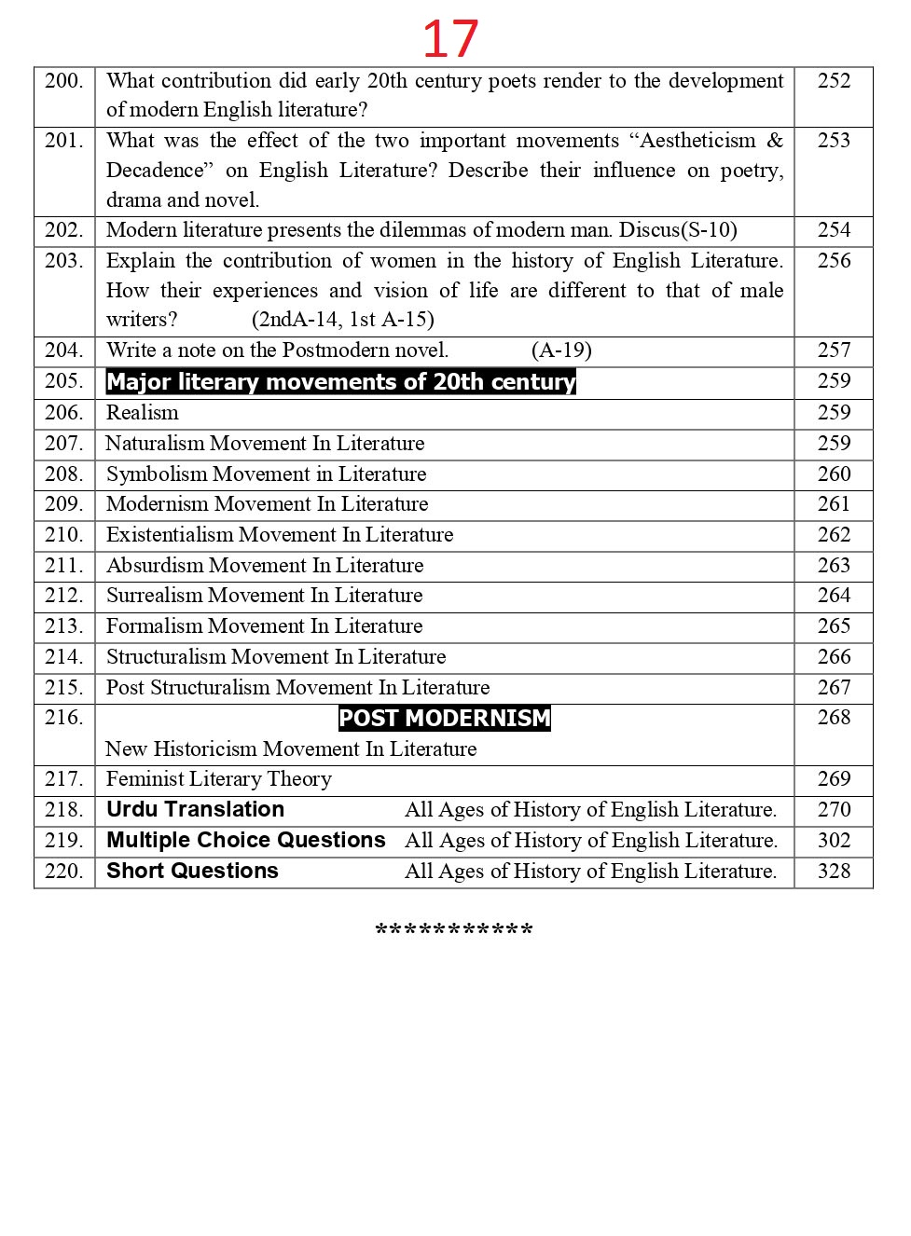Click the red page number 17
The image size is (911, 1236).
click(x=450, y=39)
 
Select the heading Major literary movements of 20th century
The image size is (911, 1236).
click(x=340, y=382)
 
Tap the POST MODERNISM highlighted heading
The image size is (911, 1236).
click(x=445, y=718)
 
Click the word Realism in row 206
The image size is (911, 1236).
click(x=143, y=413)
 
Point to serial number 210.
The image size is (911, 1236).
click(x=63, y=535)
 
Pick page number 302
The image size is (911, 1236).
click(x=834, y=840)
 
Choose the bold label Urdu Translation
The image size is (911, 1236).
click(x=195, y=809)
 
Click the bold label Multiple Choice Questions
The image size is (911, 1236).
click(x=245, y=840)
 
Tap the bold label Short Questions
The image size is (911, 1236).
click(x=192, y=871)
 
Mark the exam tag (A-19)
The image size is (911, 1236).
click(x=561, y=350)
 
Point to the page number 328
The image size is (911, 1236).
click(x=834, y=871)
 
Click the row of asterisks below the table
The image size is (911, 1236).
click(x=454, y=930)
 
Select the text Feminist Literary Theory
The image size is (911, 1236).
click(x=218, y=779)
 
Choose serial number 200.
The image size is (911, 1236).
click(x=63, y=81)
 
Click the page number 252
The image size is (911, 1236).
click(x=834, y=81)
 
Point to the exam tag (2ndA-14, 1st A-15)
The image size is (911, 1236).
click(x=342, y=320)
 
